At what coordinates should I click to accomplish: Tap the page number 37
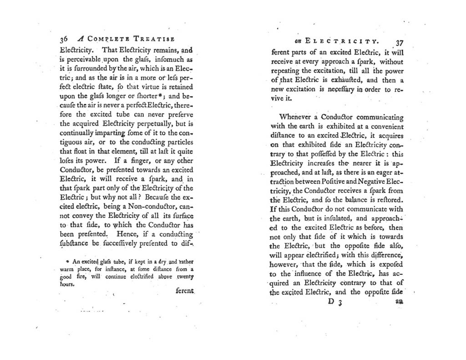pyautogui.click(x=399, y=43)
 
